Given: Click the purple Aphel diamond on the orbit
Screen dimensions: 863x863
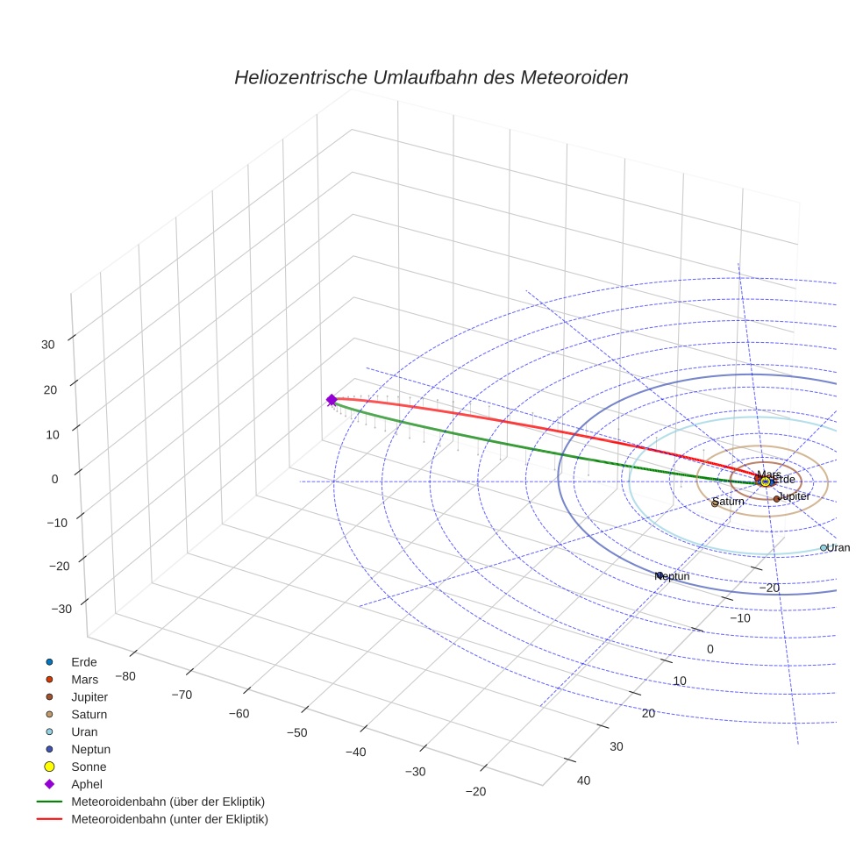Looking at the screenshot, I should [332, 400].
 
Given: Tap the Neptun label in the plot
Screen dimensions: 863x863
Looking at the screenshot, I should [674, 576].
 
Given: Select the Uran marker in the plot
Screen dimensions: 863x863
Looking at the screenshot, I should [824, 548].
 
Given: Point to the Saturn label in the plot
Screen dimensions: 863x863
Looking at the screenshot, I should [729, 502].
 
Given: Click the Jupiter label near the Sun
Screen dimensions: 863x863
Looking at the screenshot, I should [795, 496].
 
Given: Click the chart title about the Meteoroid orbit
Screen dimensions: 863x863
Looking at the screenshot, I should [431, 77].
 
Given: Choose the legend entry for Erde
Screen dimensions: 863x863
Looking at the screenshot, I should [84, 661].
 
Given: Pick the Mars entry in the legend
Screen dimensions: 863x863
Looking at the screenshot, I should [84, 679].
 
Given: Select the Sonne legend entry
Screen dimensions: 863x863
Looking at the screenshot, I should [89, 767].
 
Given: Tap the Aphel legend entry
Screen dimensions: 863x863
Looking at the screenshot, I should [87, 784].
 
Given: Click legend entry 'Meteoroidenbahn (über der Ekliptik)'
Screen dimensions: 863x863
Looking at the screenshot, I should [168, 802].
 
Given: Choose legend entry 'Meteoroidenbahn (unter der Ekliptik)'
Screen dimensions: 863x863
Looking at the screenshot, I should [169, 819].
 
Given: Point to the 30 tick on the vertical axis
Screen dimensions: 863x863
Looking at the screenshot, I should [48, 345].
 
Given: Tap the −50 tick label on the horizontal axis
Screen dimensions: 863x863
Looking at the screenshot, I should [296, 733].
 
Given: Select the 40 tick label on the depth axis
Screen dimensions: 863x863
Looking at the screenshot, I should [583, 781].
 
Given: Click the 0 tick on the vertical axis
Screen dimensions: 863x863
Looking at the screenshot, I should [54, 479].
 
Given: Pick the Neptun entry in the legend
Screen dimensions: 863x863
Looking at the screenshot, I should [90, 749].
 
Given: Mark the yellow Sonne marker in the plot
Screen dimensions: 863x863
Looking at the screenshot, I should [766, 481].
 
